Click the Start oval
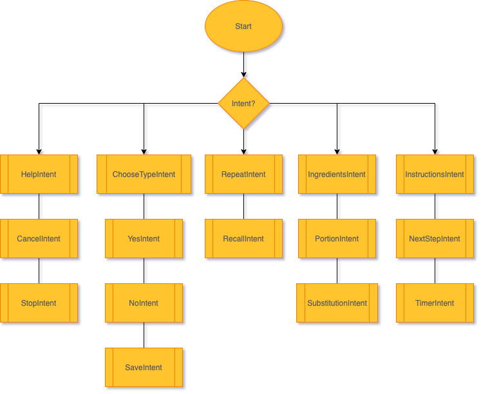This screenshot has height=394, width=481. coord(243,26)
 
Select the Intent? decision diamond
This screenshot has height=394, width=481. coord(243,104)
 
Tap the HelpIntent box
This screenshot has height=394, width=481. coord(39,174)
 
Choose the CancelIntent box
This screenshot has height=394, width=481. coord(39,239)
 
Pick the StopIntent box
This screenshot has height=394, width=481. coord(39,303)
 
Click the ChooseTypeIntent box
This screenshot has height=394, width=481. coord(144,174)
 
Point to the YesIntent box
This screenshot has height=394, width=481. coord(144,239)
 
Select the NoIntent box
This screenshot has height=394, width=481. coord(144,303)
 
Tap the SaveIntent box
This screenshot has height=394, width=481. coord(144,368)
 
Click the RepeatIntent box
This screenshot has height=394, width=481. coord(243,174)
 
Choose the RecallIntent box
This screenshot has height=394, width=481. coord(243,239)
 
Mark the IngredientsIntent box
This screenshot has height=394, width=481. coord(337,174)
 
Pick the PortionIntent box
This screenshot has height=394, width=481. coord(337,239)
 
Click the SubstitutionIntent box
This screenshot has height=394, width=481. coord(337,303)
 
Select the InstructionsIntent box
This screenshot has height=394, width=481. coord(435,174)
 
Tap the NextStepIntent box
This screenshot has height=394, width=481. coord(435,239)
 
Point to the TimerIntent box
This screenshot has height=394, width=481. coord(435,303)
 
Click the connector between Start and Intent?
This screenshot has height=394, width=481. coord(245,65)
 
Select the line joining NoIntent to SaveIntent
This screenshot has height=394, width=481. coord(145,335)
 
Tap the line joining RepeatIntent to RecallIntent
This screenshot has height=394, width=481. coord(245,207)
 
